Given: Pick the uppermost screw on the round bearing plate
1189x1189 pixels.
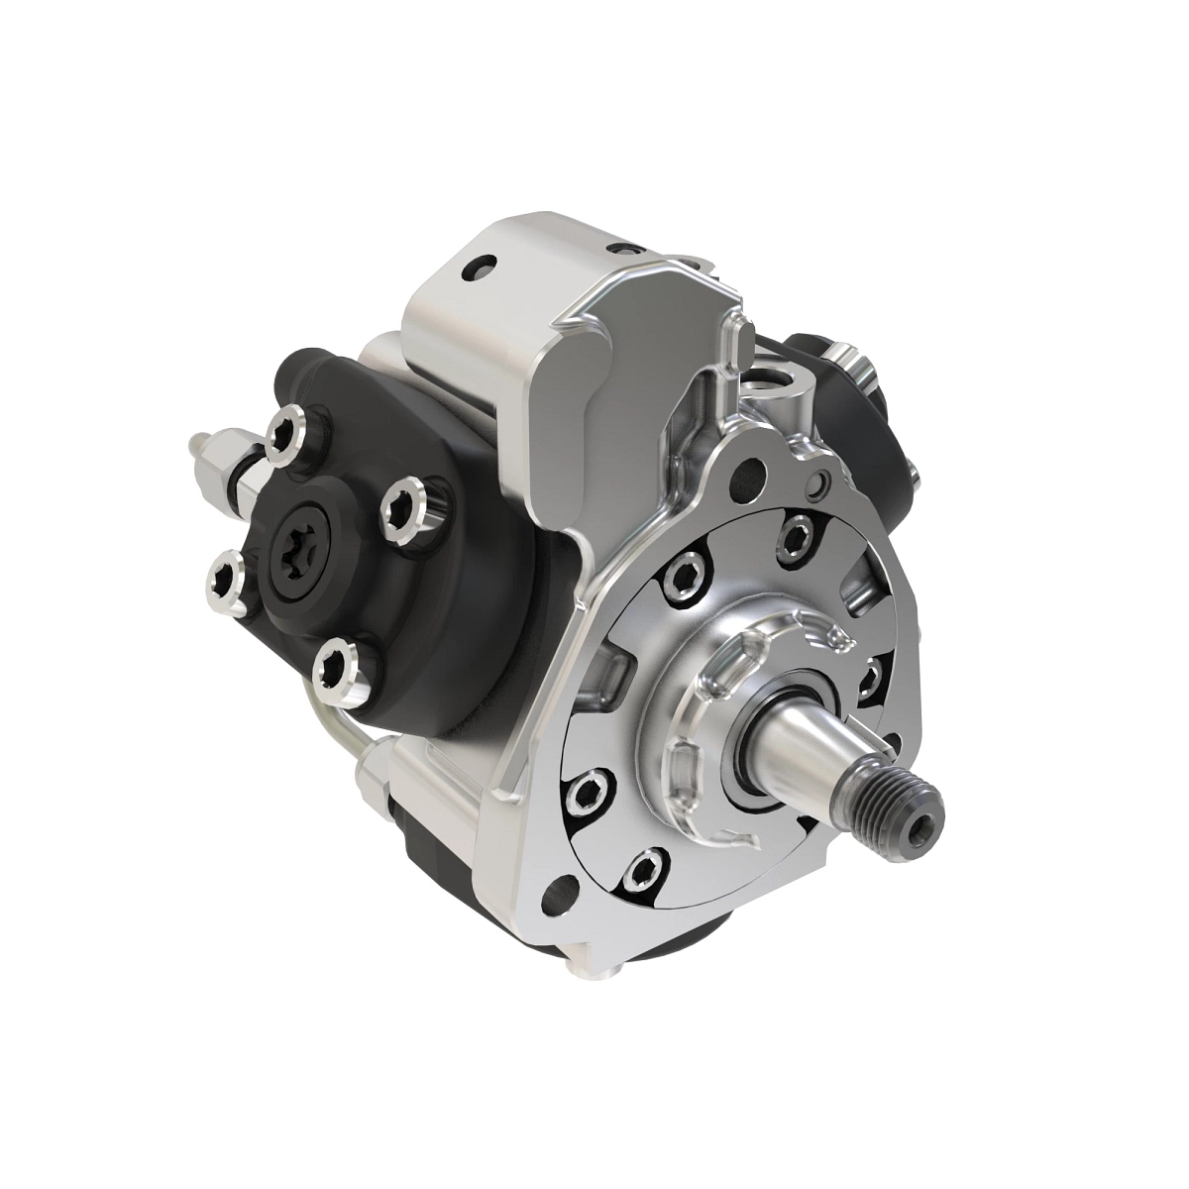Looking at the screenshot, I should tap(794, 536).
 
